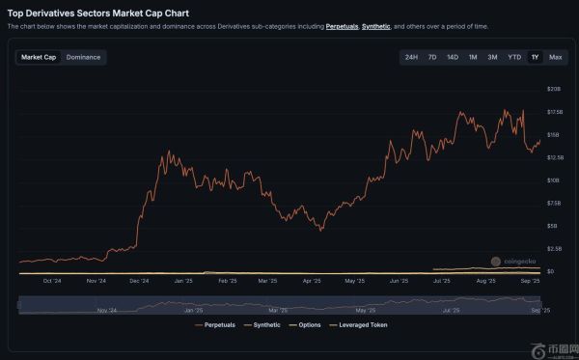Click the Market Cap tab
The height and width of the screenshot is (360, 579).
(39, 57)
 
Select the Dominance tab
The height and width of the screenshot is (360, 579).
(84, 57)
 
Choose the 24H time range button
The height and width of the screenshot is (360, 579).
(411, 57)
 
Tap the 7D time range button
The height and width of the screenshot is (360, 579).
(432, 57)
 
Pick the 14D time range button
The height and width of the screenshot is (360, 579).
(453, 57)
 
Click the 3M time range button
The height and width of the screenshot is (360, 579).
(492, 57)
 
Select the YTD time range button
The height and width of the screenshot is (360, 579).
(514, 57)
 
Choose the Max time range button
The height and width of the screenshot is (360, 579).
(556, 57)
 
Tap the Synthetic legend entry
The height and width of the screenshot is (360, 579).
(264, 325)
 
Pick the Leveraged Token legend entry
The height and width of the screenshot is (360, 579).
(362, 325)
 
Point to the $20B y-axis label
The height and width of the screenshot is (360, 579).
(555, 89)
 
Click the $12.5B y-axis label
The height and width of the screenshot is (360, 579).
(555, 157)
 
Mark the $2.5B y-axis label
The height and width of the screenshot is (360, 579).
(555, 249)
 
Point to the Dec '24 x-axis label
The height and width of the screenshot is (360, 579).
(138, 281)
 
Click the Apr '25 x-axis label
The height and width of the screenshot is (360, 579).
(311, 281)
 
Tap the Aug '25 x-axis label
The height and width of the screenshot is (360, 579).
(486, 281)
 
